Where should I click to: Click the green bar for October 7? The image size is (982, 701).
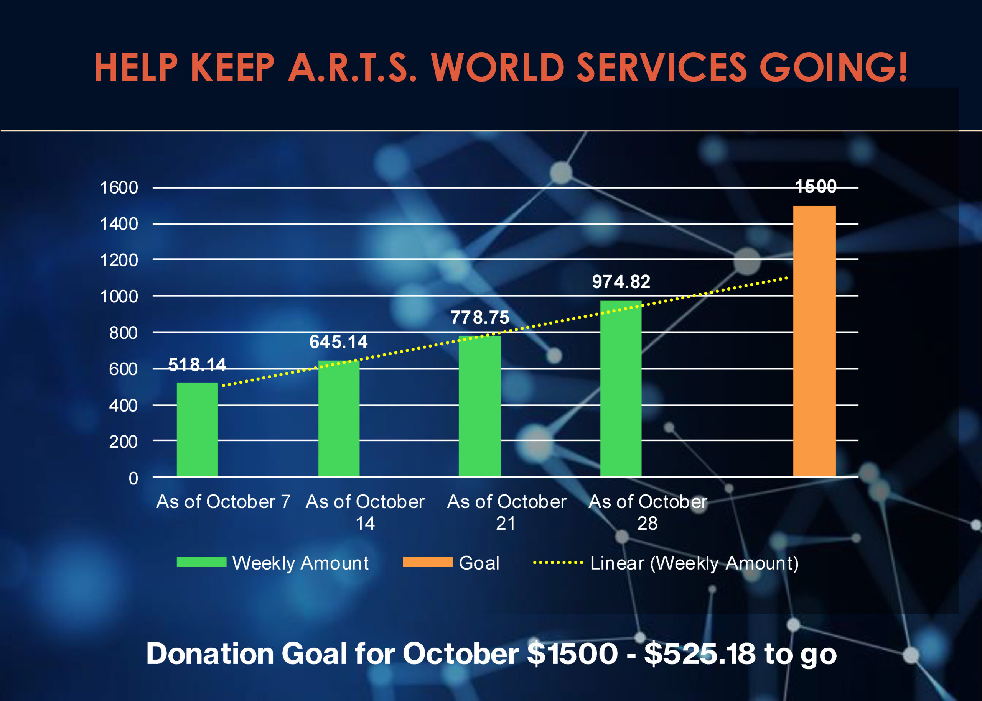click(x=197, y=430)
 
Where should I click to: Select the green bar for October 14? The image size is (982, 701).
click(x=339, y=418)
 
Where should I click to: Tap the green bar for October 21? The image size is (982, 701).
click(x=479, y=406)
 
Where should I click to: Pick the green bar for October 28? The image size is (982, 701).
click(x=621, y=389)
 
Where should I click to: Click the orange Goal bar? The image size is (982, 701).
click(x=814, y=341)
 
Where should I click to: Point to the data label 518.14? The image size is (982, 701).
click(x=197, y=365)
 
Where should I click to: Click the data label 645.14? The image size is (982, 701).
click(x=339, y=342)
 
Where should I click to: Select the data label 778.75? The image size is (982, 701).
click(x=479, y=318)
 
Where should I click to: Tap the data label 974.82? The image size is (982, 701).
click(x=621, y=282)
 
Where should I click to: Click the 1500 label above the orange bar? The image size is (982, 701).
click(x=816, y=187)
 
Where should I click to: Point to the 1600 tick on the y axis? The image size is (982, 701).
click(x=119, y=188)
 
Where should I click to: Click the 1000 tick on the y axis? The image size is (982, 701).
click(x=119, y=297)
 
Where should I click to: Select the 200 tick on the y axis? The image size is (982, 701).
click(x=123, y=442)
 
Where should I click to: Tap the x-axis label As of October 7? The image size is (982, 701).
click(x=223, y=502)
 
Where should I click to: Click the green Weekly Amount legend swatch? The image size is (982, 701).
click(x=201, y=561)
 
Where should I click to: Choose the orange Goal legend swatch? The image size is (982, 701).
click(x=428, y=561)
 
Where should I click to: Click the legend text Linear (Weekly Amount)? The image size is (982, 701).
click(x=694, y=563)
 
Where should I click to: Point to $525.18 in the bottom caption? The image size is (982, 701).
click(x=700, y=653)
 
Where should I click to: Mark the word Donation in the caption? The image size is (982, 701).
click(x=210, y=653)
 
